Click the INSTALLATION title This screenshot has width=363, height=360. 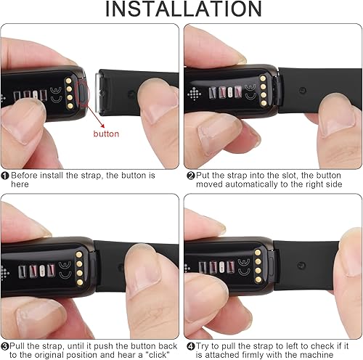click(x=181, y=10)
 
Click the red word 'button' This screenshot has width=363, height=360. click(x=107, y=134)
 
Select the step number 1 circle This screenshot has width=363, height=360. click(x=5, y=175)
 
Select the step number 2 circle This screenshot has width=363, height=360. click(x=191, y=175)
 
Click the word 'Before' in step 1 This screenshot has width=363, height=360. click(x=26, y=175)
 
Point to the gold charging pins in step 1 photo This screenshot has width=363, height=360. click(x=69, y=89)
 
